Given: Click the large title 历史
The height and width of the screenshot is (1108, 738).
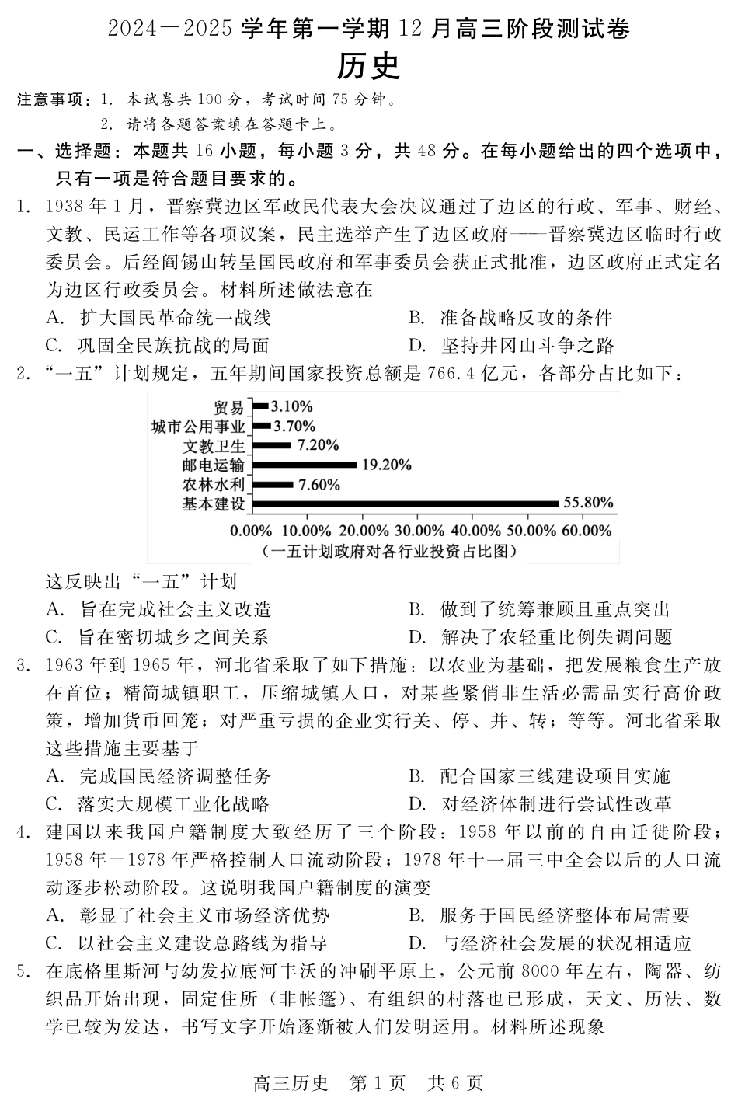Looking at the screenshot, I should [x=368, y=67].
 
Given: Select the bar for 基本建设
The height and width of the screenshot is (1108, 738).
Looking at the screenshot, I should [x=406, y=504].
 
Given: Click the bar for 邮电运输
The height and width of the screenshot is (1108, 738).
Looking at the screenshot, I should [x=305, y=465].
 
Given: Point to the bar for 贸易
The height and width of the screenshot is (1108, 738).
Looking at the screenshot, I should [x=260, y=406].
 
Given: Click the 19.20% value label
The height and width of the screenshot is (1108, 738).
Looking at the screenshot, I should [x=386, y=465].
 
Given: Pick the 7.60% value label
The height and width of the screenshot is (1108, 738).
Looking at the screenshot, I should [x=319, y=485].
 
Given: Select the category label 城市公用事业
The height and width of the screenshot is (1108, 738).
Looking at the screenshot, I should [x=198, y=426].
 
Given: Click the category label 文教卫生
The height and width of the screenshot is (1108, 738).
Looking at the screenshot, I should [x=214, y=445].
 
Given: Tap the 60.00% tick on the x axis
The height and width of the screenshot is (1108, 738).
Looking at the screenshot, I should [x=585, y=531].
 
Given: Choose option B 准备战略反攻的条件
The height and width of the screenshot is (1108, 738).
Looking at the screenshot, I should [x=526, y=317].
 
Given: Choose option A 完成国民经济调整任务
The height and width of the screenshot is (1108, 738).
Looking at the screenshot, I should [x=175, y=776].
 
